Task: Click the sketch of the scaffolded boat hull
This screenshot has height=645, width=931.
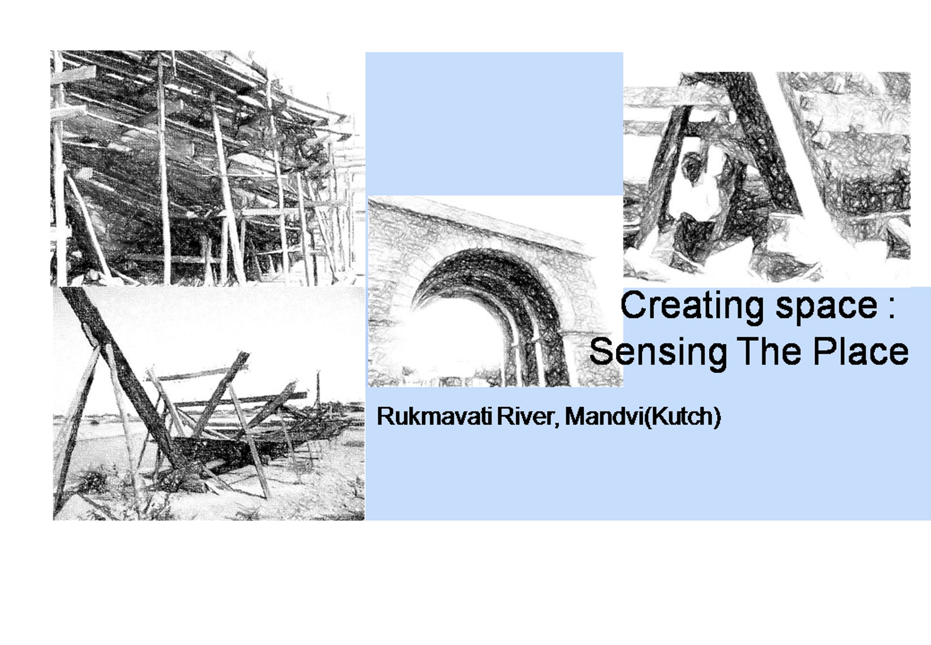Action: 205,168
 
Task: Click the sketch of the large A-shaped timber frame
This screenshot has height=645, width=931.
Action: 766,177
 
